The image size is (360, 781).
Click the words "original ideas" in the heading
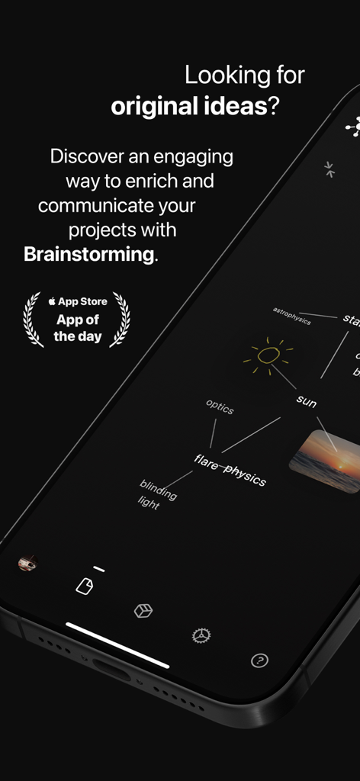[x=186, y=107]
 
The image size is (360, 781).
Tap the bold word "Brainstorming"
[x=88, y=254]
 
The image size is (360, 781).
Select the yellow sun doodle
[x=268, y=355]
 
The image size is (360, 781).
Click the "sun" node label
[x=307, y=400]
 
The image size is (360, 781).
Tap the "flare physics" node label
[x=230, y=469]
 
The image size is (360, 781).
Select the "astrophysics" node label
[x=292, y=316]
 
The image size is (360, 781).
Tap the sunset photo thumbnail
[x=324, y=461]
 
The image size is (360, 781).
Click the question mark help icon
[x=259, y=660]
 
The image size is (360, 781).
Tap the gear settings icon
[x=201, y=635]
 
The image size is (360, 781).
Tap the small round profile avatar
[x=27, y=564]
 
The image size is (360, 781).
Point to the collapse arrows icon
[x=329, y=169]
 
